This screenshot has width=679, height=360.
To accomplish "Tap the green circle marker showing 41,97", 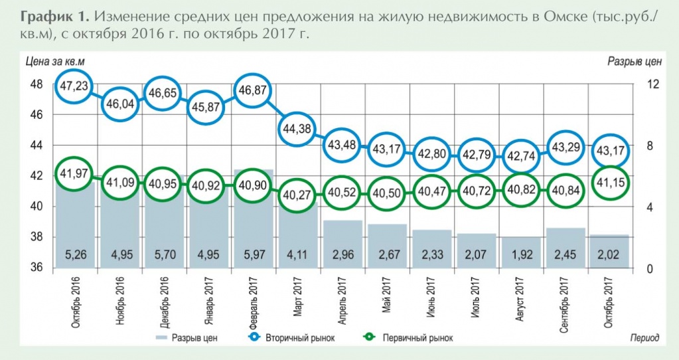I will (75, 174).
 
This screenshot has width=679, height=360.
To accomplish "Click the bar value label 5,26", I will (75, 254).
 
